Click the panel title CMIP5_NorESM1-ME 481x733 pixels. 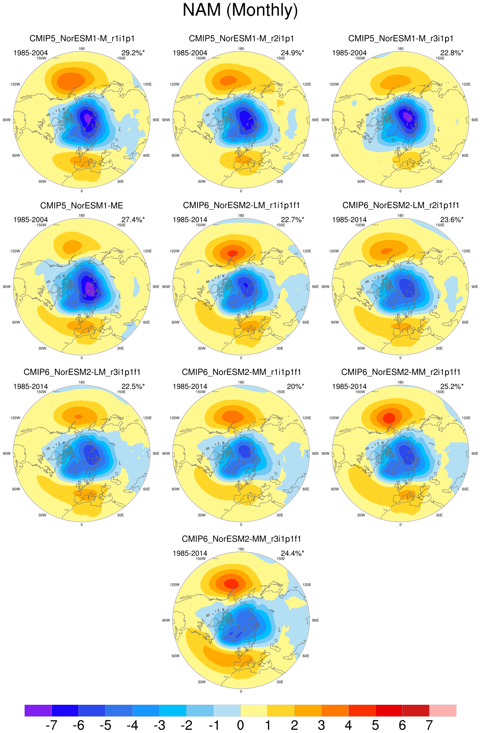82,206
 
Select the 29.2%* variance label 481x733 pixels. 133,53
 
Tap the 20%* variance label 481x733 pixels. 295,387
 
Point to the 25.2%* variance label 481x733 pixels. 452,387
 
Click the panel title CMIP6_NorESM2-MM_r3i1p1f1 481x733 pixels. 241,539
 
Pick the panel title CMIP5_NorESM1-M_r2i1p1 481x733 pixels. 241,39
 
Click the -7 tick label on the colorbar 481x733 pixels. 51,725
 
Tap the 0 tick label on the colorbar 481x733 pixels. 241,725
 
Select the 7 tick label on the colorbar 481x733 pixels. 429,725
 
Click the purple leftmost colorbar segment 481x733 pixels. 38,710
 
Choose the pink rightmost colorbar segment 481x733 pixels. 443,710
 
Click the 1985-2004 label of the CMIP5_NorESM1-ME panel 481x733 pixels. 31,220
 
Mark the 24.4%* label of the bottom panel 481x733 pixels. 293,553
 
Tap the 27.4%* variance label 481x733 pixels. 133,220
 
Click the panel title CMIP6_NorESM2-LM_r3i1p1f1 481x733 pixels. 82,372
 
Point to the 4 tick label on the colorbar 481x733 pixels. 348,725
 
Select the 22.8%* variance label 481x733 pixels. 452,53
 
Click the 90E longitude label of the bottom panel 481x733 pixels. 315,620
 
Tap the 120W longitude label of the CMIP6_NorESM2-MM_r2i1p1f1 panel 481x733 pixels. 334,418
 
